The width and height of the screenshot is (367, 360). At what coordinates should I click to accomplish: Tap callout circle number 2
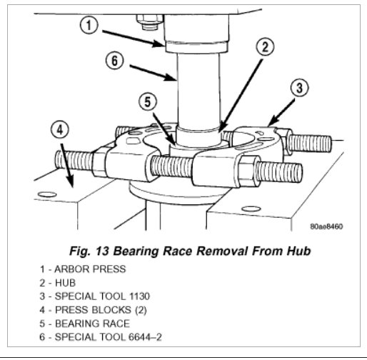[x=263, y=49]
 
